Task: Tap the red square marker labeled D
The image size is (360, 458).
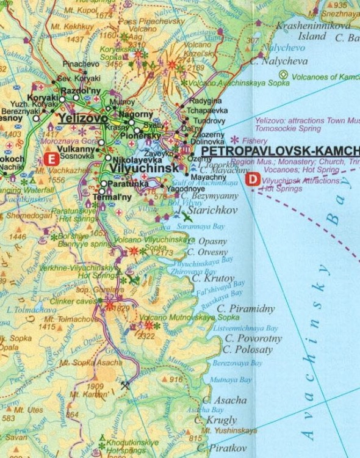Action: coord(253,180)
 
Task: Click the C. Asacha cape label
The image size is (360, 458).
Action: coord(225,400)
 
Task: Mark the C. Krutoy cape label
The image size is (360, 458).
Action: coord(213,278)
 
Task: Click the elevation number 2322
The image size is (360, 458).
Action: coord(146,336)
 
